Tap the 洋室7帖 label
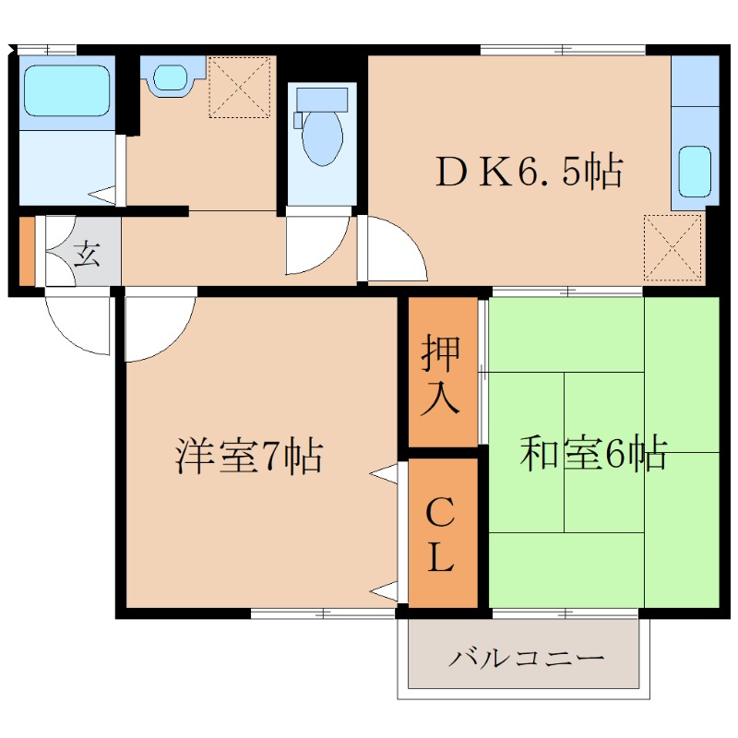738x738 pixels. click(x=249, y=456)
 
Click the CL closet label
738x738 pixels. click(x=440, y=534)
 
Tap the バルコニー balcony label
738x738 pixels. click(x=527, y=659)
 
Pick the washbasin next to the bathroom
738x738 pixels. click(x=171, y=76)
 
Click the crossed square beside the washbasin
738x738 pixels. click(x=239, y=88)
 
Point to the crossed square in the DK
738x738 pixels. click(x=673, y=246)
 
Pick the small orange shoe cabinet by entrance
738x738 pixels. click(x=27, y=251)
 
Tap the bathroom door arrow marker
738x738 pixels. click(x=102, y=196)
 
